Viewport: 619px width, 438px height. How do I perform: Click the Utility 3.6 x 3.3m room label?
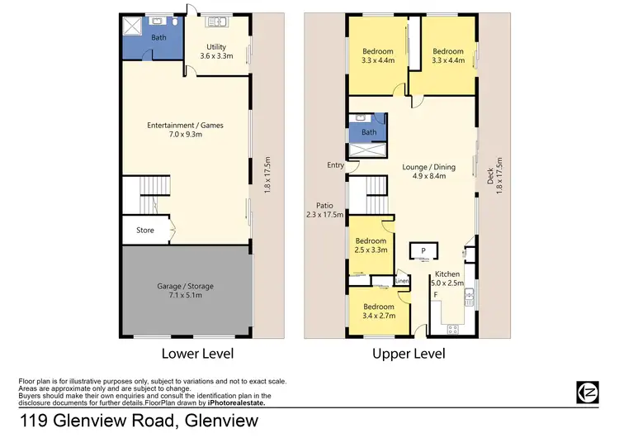coord(216,52)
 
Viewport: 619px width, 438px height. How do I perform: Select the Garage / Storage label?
coord(185,291)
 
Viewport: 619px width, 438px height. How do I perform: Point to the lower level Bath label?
coord(159,38)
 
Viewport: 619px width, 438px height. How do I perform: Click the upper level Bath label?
coord(369,132)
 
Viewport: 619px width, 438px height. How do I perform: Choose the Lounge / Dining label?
coord(426,169)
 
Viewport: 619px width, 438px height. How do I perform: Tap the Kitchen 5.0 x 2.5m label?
coord(447,279)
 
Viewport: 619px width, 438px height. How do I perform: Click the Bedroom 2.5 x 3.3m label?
coord(369,245)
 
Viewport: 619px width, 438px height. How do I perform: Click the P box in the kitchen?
coord(423,251)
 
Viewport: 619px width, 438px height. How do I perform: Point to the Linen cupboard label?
coord(402,282)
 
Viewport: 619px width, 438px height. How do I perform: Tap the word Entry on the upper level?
coord(335,165)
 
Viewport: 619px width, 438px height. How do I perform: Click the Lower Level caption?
coord(197,354)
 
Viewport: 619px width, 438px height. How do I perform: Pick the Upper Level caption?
coord(409,354)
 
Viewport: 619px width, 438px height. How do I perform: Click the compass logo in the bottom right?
coord(586,392)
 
